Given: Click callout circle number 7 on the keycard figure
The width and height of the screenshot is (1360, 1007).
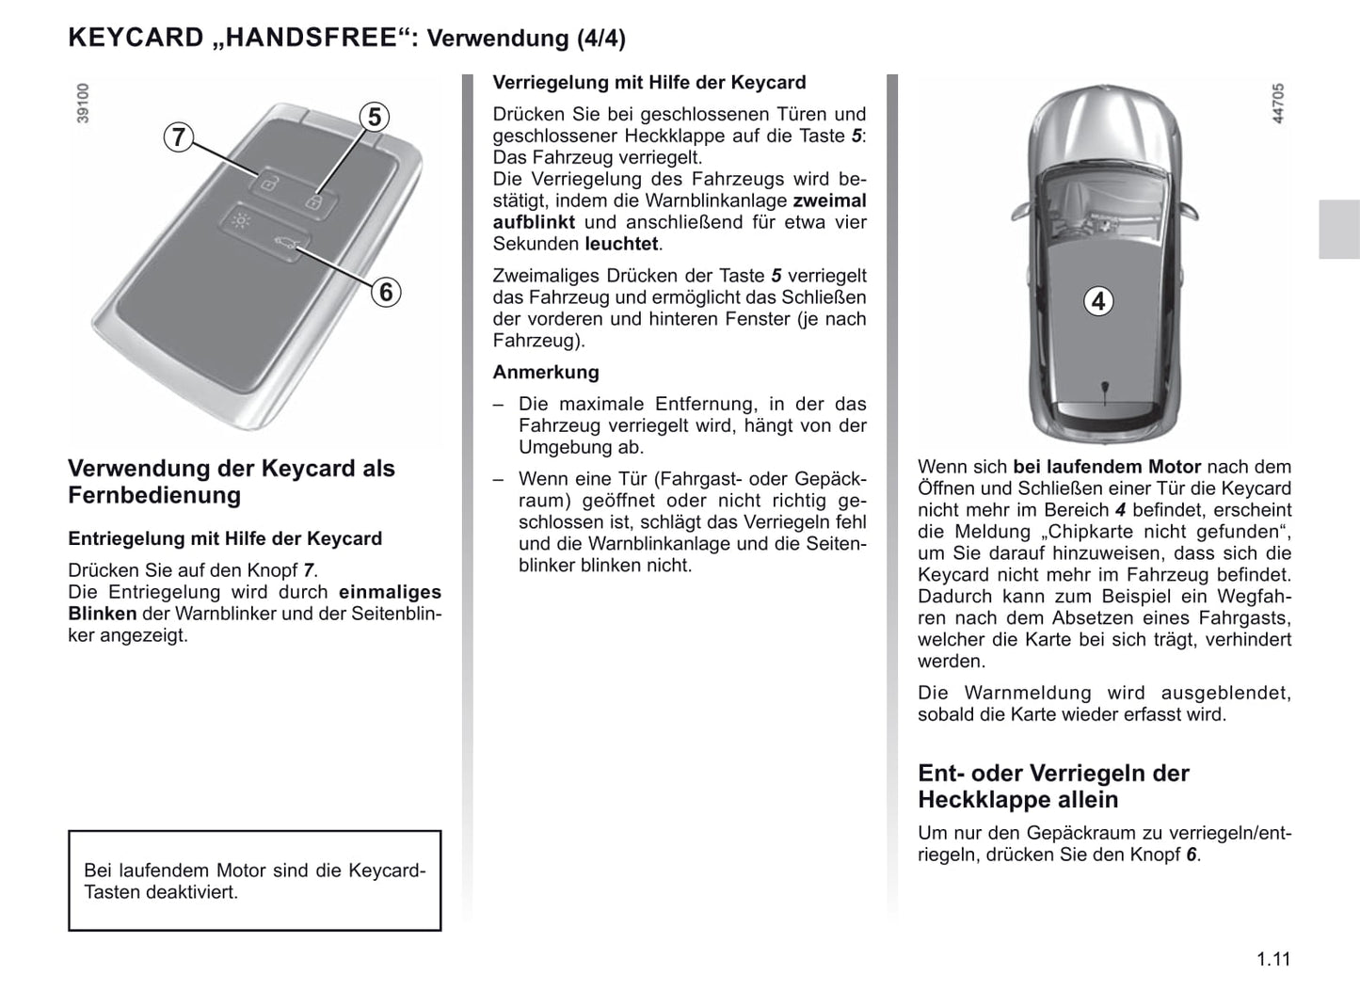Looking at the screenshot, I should click(x=177, y=137).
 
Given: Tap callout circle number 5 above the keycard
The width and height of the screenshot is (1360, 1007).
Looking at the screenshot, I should click(x=375, y=117).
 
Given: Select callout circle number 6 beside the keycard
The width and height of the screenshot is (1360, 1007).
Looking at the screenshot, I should click(x=386, y=292).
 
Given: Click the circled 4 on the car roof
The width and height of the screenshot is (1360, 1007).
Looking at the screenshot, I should click(x=1097, y=301).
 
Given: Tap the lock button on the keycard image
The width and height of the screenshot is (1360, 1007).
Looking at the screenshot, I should click(x=315, y=200).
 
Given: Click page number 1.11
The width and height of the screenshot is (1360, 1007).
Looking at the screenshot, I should click(x=1272, y=959).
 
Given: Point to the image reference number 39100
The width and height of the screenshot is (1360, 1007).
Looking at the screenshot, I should click(x=83, y=103).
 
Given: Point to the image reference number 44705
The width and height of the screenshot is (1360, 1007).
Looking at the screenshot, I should click(x=1277, y=104).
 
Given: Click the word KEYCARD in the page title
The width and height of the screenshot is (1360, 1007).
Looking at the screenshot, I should click(x=136, y=39).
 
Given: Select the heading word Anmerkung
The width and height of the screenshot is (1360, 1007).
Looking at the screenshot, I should click(x=546, y=372).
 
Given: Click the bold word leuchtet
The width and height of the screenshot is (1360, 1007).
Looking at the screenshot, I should click(x=621, y=244).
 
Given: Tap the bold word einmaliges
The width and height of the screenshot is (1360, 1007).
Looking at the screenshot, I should click(x=390, y=592).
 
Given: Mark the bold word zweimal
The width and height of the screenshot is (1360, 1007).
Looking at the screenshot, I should click(x=829, y=200).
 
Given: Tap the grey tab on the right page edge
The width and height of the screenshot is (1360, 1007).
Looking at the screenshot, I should click(x=1338, y=229).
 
